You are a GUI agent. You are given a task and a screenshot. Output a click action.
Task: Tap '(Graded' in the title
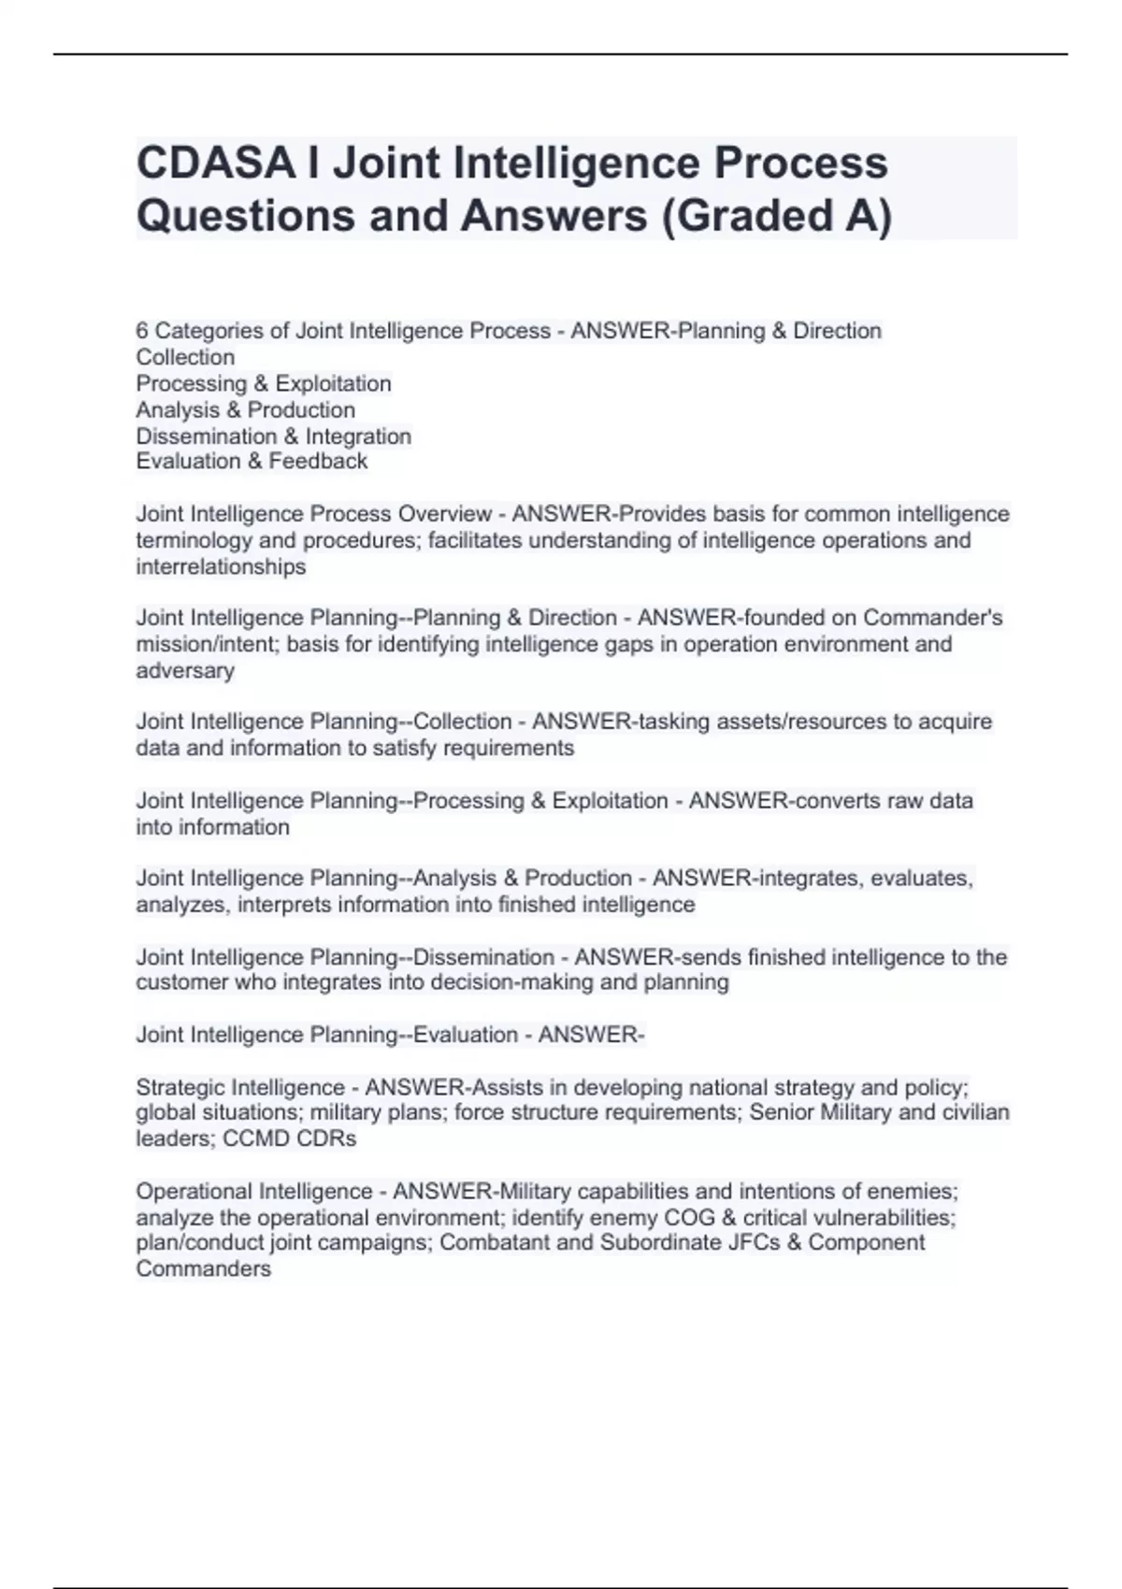pyautogui.click(x=741, y=216)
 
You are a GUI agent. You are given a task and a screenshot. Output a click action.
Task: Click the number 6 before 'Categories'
pyautogui.click(x=142, y=331)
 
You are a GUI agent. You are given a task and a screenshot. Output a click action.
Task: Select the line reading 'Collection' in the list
pyautogui.click(x=185, y=357)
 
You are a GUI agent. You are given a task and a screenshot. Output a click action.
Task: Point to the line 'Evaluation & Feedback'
pyautogui.click(x=252, y=461)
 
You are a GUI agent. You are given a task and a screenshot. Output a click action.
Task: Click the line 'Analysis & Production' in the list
pyautogui.click(x=245, y=409)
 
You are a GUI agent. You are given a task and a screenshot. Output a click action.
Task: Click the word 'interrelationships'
pyautogui.click(x=221, y=566)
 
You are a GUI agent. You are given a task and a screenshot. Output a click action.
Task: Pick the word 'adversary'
pyautogui.click(x=185, y=670)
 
